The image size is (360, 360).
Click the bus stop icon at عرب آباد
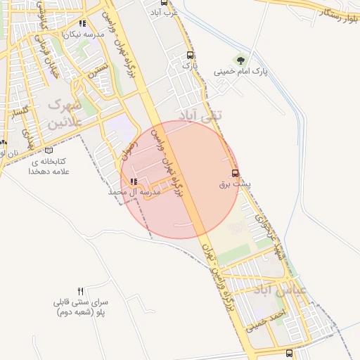[154, 3]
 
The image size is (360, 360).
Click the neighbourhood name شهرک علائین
[64, 113]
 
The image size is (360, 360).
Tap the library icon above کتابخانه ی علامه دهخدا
[48, 150]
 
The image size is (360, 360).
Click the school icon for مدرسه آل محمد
[134, 181]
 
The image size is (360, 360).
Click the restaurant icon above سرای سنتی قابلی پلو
[81, 291]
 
